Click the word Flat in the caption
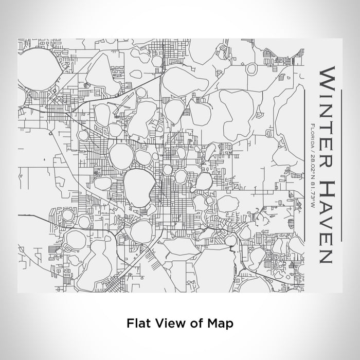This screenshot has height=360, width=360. pyautogui.click(x=137, y=323)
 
